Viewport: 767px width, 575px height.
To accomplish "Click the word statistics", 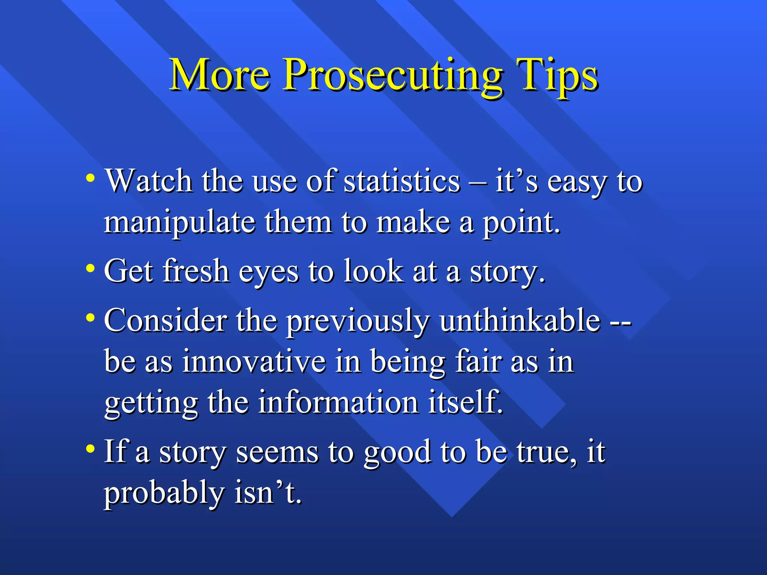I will click(x=401, y=181).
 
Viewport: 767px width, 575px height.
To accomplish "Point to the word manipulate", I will click(x=180, y=223).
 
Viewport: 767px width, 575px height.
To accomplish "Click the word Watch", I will click(x=149, y=181).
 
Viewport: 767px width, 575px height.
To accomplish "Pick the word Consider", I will click(x=165, y=320).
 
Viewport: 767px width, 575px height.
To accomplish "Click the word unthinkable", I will click(x=520, y=320).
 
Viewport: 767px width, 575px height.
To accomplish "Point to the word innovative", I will click(x=254, y=362).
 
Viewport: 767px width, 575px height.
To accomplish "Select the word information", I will click(x=338, y=403).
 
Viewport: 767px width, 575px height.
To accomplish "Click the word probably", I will click(x=164, y=493).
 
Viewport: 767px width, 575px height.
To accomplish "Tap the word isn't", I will click(x=268, y=493).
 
